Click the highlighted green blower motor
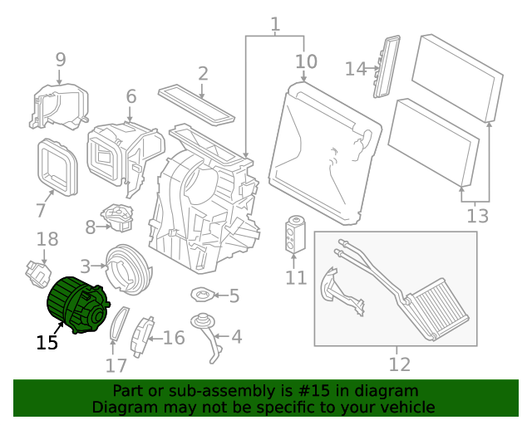(x=76, y=306)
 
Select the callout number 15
(x=47, y=342)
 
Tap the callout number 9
(x=60, y=59)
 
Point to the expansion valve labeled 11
(x=296, y=233)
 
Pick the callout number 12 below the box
(x=400, y=364)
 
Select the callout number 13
(x=477, y=217)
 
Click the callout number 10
(x=306, y=61)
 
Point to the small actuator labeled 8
(x=118, y=218)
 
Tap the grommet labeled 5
(x=202, y=295)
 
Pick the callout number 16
(x=173, y=338)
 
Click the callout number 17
(x=116, y=364)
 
